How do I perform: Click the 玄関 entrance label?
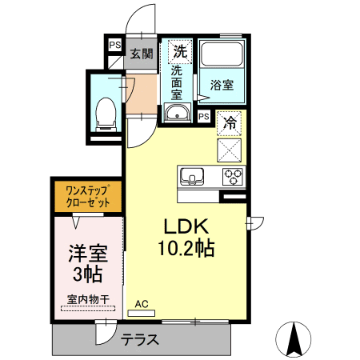[x=142, y=54]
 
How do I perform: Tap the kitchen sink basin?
[x=193, y=176]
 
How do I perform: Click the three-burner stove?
[x=233, y=176]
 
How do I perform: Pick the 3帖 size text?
[x=86, y=275]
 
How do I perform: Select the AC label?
[x=142, y=304]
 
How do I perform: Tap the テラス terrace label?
[x=140, y=340]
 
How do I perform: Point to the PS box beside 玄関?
[x=115, y=46]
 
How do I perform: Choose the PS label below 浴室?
[x=204, y=117]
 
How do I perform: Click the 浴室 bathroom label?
[x=221, y=85]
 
